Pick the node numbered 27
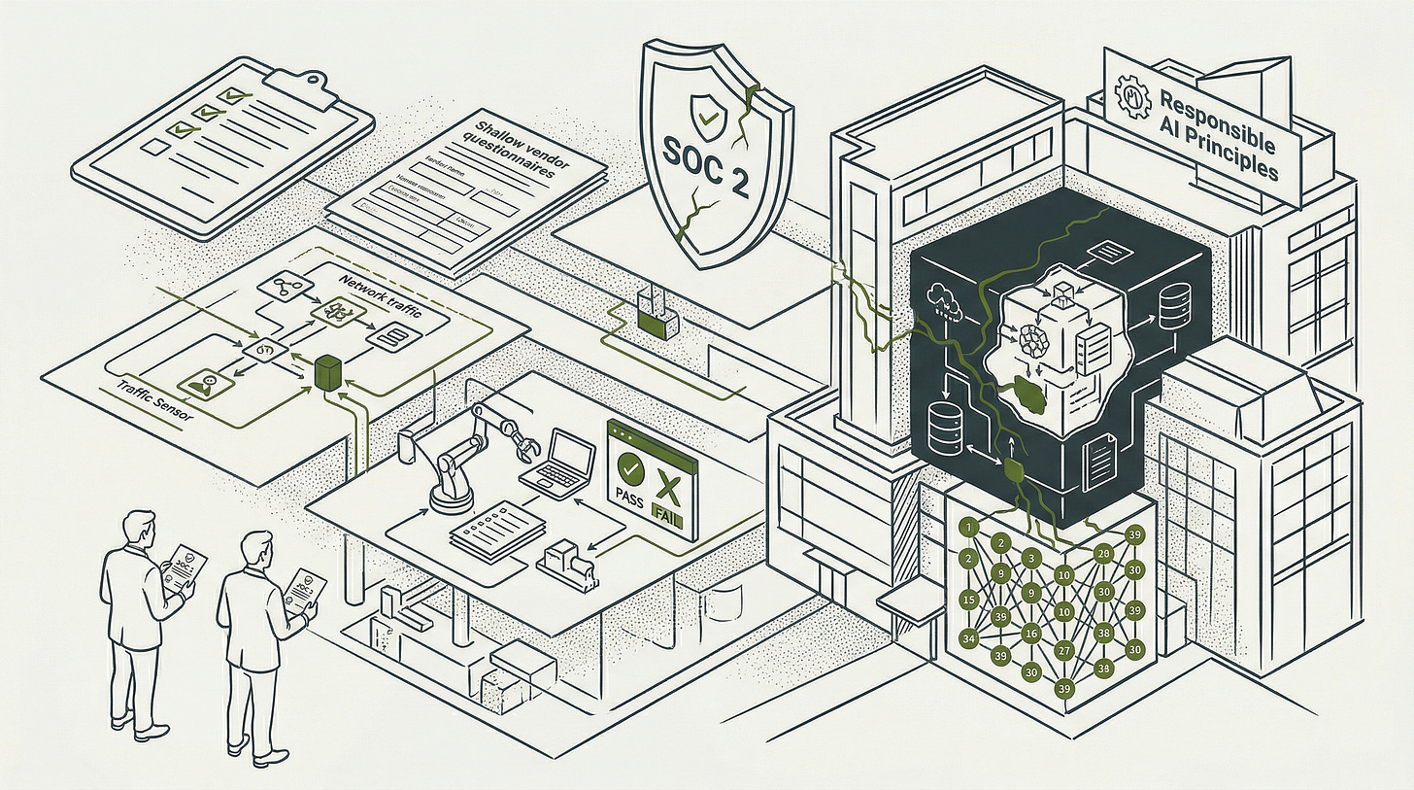tap(1064, 651)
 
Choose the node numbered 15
tap(967, 600)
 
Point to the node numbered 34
tap(967, 638)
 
